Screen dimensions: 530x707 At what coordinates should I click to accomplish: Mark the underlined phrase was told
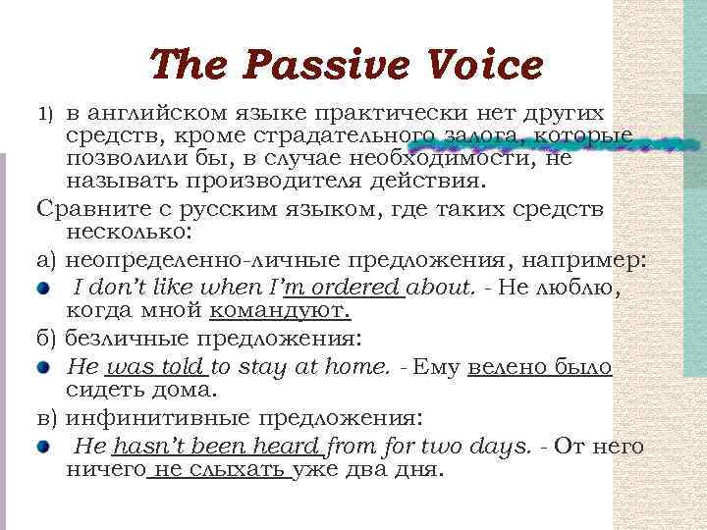click(155, 367)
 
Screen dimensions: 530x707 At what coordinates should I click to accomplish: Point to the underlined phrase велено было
click(541, 367)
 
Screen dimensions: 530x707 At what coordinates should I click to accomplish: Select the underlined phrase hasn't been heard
click(216, 447)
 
